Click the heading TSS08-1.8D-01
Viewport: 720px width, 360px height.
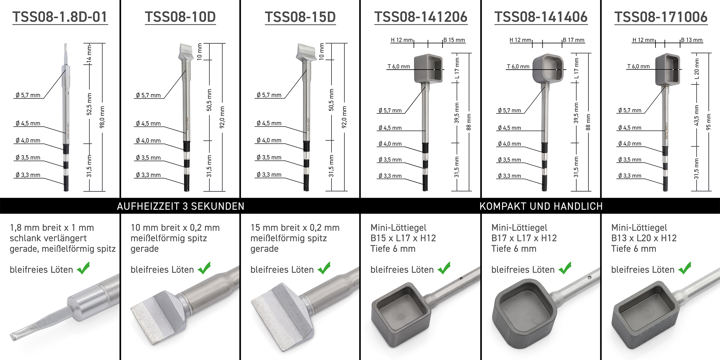point(60,17)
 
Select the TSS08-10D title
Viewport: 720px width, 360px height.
point(180,17)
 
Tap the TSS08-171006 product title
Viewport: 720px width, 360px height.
point(661,17)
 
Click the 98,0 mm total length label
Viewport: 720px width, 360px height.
point(102,117)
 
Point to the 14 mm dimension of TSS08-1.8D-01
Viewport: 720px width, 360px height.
point(89,54)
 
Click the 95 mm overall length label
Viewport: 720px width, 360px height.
point(709,122)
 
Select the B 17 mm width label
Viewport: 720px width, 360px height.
point(574,40)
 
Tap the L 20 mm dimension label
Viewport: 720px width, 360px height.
point(697,69)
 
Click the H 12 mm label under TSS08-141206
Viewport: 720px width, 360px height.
point(402,40)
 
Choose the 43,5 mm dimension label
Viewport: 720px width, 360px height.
point(697,115)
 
